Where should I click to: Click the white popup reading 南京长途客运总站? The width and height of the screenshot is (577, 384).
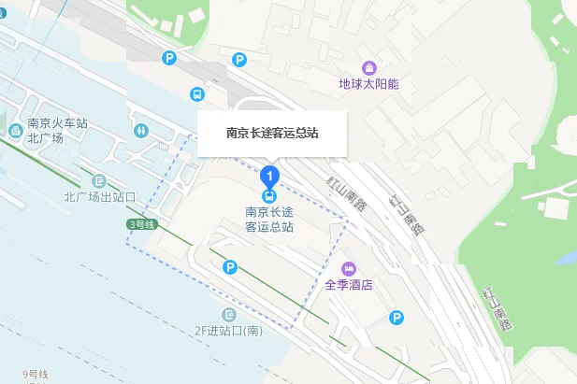coord(272,133)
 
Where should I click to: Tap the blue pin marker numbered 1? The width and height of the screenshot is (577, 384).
coord(269,175)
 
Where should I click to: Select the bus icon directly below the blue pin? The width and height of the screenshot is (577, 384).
coord(269,195)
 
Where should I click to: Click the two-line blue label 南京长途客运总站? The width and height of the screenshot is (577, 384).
coord(269,219)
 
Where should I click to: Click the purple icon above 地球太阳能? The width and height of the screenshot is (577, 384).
coord(368,67)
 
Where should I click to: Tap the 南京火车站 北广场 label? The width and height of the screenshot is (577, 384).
coord(57,130)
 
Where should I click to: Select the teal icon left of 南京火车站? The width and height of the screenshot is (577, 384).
coord(15,130)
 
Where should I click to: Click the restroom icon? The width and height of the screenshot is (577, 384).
coord(141,130)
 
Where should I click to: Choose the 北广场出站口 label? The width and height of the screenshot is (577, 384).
coord(100,197)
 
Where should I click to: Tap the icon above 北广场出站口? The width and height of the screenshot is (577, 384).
coord(100,180)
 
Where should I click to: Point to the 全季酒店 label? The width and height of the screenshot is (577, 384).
coord(349,285)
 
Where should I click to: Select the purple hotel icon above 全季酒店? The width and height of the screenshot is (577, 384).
coord(349,269)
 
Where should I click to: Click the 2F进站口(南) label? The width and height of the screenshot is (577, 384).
coord(228,331)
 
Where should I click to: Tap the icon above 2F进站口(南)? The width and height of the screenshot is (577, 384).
coord(228,314)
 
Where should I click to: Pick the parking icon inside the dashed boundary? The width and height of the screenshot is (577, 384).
coord(230,268)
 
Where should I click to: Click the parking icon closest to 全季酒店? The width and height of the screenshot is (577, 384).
coord(397,318)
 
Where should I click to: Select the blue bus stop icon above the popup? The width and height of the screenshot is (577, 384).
coord(197,94)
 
